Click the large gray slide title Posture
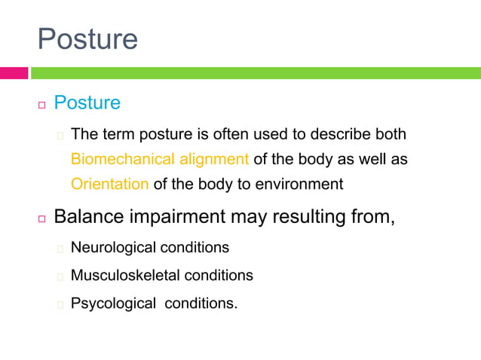tap(88, 38)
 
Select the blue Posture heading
tap(87, 102)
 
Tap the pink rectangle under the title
tap(14, 73)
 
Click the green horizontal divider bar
tap(256, 73)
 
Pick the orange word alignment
tap(214, 159)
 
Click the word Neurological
tap(114, 247)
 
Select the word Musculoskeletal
tap(125, 276)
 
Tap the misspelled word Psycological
tap(112, 304)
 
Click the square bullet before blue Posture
tap(42, 104)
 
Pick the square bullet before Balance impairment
tap(42, 219)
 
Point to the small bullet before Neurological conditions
tap(60, 248)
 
